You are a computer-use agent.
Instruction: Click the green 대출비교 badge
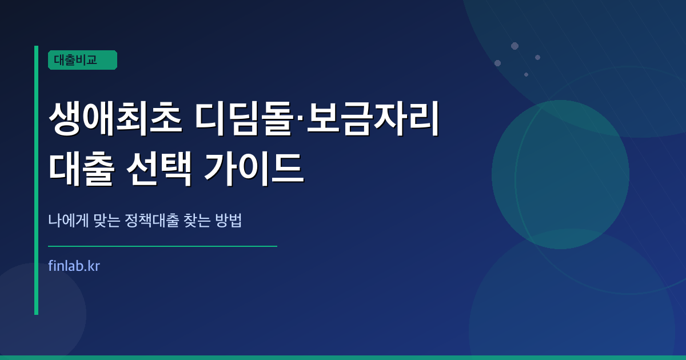coord(82,60)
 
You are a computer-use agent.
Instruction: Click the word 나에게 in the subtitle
coord(69,221)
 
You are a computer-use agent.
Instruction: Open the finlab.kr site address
coord(74,266)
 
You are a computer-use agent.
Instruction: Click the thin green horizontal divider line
coord(162,246)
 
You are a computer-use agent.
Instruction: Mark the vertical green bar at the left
coord(36,180)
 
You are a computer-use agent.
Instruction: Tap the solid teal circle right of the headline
coord(560,174)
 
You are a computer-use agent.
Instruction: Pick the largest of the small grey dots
coord(514,46)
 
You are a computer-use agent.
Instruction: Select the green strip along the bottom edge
coord(343,357)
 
